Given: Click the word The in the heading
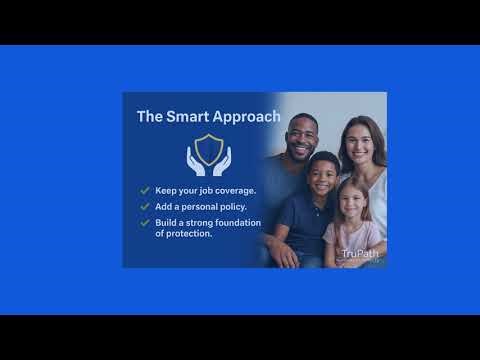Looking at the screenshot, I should [x=150, y=117].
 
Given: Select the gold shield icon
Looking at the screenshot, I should [x=209, y=148].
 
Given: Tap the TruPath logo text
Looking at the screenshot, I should [x=354, y=254].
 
